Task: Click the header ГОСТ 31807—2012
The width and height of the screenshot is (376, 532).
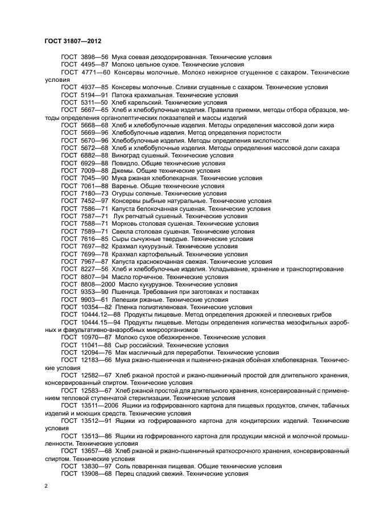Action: [x=72, y=41]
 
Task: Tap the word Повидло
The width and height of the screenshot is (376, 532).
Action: [x=126, y=163]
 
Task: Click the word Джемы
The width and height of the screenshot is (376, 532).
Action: [x=123, y=171]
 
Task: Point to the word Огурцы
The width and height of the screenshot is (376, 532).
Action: [x=125, y=193]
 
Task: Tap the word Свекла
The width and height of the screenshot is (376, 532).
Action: [x=124, y=231]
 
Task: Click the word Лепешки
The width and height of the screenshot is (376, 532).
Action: [x=127, y=300]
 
